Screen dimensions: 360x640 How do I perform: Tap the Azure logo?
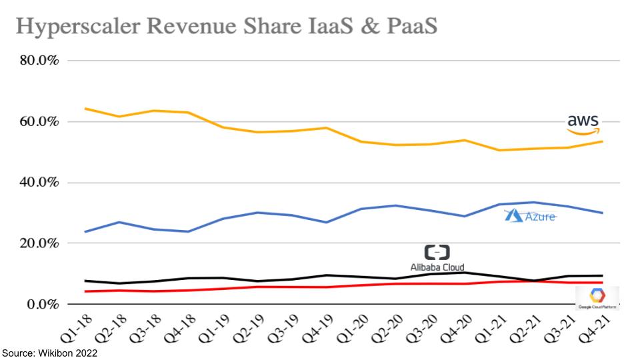pyautogui.click(x=531, y=215)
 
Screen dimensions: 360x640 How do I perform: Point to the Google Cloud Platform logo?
pyautogui.click(x=597, y=298)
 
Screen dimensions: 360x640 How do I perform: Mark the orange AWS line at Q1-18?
pyautogui.click(x=85, y=109)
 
